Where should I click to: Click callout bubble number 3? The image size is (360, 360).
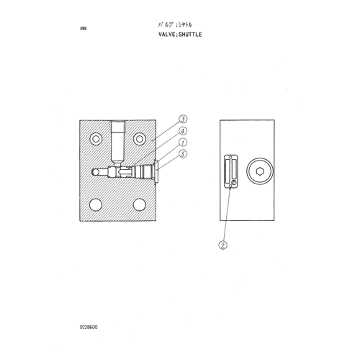[x=183, y=119]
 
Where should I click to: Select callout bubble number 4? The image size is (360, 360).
[x=183, y=131]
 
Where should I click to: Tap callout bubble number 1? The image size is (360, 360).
[x=183, y=143]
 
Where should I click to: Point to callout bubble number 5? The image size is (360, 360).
[x=183, y=154]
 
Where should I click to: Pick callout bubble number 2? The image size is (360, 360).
[x=222, y=246]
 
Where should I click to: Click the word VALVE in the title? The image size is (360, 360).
[x=167, y=35]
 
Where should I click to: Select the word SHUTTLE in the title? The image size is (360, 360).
[x=190, y=35]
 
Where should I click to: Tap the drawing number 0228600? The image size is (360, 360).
[x=89, y=328]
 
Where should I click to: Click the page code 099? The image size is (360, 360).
[x=83, y=29]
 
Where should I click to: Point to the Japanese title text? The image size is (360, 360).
[x=175, y=24]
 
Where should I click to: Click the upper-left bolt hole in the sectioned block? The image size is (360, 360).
[x=96, y=139]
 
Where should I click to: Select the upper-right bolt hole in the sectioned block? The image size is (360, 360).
[x=140, y=139]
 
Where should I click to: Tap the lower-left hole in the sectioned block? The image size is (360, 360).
[x=96, y=204]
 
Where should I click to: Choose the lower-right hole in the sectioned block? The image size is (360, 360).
[x=140, y=204]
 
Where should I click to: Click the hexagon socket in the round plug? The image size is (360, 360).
[x=260, y=171]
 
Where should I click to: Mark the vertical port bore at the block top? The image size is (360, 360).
[x=118, y=142]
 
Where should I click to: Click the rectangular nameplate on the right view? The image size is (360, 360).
[x=230, y=171]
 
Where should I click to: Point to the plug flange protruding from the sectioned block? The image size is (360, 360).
[x=156, y=172]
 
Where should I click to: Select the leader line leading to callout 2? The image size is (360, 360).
[x=227, y=215]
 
